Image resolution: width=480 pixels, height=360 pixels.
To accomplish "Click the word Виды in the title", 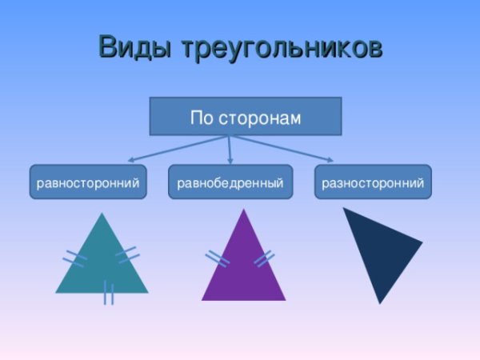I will [134, 48].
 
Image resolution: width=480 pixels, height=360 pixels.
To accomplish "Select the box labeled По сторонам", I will [246, 118].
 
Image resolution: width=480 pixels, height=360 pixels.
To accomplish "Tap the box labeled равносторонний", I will [88, 183].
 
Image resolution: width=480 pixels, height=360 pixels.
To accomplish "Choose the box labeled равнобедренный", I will [230, 183].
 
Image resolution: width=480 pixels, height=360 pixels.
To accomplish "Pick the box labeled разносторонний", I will [372, 183].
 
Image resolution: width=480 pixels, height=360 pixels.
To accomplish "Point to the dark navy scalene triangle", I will [380, 248].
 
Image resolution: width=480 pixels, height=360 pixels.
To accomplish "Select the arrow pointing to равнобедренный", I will [230, 150].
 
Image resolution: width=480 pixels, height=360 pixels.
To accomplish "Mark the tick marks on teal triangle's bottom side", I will [108, 293].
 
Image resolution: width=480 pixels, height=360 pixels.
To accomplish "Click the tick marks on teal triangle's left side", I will [75, 258].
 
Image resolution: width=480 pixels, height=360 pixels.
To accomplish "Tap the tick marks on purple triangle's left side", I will [217, 258].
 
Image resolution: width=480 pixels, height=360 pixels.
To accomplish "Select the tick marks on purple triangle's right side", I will [264, 258].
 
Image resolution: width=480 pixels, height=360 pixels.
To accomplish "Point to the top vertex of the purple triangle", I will [244, 210].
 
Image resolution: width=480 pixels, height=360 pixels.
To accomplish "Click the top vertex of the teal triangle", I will [102, 214].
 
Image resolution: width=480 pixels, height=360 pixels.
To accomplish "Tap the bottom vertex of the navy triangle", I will [379, 302].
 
